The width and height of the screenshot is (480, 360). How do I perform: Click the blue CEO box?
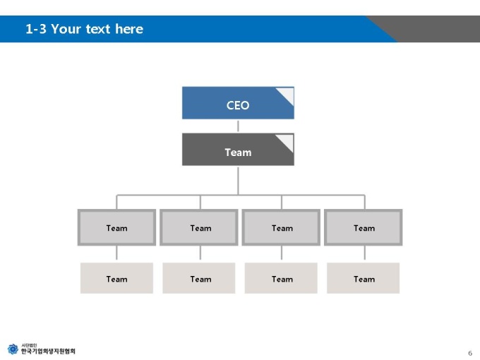pyautogui.click(x=238, y=103)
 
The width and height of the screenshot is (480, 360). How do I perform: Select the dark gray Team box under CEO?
pyautogui.click(x=238, y=150)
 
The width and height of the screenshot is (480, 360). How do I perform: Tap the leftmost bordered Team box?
pyautogui.click(x=116, y=227)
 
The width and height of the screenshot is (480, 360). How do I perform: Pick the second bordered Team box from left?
pyautogui.click(x=198, y=227)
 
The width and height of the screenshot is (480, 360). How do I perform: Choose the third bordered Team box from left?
pyautogui.click(x=281, y=227)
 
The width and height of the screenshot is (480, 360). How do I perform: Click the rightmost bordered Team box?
pyautogui.click(x=363, y=227)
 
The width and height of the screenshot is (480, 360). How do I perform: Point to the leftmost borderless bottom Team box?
pyautogui.click(x=116, y=278)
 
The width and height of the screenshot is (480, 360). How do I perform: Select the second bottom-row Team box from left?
pyautogui.click(x=198, y=278)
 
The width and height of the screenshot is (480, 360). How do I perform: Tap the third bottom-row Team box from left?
pyautogui.click(x=281, y=278)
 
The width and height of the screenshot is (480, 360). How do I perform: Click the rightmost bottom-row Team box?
pyautogui.click(x=363, y=278)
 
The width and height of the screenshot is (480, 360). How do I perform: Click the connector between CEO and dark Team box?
pyautogui.click(x=238, y=126)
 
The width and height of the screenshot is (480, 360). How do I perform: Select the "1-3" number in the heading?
pyautogui.click(x=36, y=29)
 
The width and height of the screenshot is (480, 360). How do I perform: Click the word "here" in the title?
pyautogui.click(x=129, y=29)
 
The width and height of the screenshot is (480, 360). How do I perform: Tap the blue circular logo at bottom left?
pyautogui.click(x=13, y=349)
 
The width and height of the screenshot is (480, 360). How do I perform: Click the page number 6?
pyautogui.click(x=470, y=353)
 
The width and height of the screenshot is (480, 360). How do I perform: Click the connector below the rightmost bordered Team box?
pyautogui.click(x=365, y=253)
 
